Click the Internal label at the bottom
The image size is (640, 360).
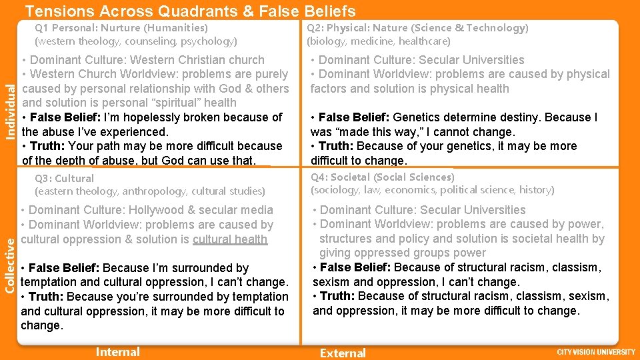[118, 352]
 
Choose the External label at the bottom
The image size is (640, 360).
[343, 353]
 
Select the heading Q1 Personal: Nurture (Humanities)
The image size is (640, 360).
[121, 28]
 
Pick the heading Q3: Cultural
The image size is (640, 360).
[64, 178]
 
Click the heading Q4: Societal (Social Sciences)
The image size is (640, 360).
[383, 177]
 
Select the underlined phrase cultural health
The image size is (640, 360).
[230, 239]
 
